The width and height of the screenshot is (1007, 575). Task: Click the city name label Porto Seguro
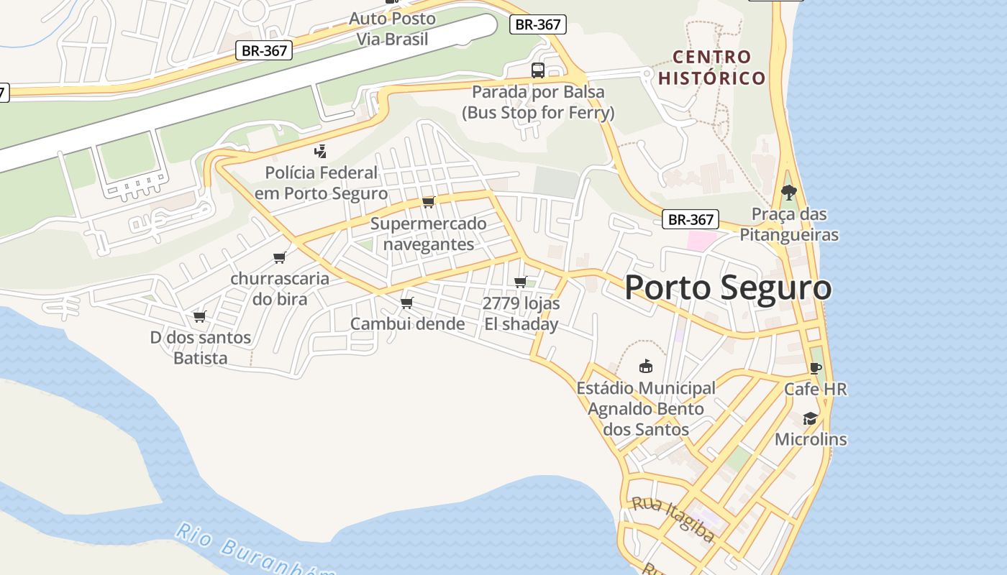[728, 287]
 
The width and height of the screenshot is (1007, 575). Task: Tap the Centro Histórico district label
[711, 68]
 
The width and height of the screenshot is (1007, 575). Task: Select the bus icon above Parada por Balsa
[538, 70]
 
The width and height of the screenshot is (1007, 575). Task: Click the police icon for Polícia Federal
[321, 151]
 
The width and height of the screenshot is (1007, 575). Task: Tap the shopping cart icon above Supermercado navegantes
[429, 202]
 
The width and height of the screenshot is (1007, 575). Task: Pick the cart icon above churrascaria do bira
[280, 257]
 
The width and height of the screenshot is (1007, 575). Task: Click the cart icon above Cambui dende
[407, 303]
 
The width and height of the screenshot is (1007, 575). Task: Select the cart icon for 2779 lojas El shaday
[521, 282]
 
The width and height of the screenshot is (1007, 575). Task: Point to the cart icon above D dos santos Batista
[200, 316]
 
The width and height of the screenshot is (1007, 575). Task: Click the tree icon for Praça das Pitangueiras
[789, 192]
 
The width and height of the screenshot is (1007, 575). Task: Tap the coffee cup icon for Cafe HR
[815, 368]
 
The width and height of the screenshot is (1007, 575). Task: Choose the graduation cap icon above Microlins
[811, 418]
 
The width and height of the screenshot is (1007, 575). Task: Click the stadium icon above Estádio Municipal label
[646, 367]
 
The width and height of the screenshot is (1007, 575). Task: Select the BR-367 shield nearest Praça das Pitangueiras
[691, 220]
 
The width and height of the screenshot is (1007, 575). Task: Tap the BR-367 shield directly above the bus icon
[539, 24]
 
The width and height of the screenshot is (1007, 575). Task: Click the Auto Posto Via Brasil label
[393, 29]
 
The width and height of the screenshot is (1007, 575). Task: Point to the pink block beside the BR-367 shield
[702, 241]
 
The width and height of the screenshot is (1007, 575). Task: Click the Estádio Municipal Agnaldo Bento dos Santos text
[646, 409]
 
